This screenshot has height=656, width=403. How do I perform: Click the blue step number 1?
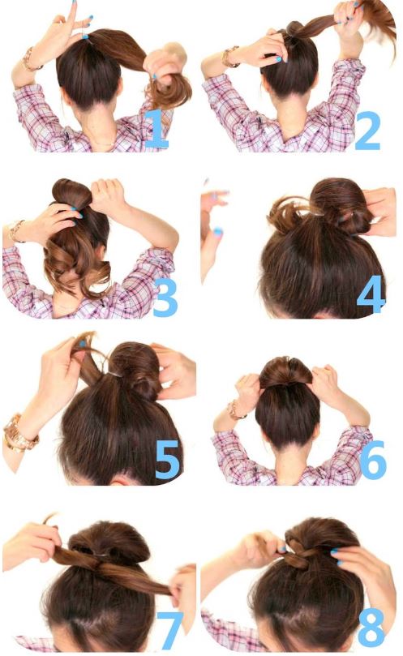coord(158,129)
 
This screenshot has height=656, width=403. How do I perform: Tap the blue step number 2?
coord(368,131)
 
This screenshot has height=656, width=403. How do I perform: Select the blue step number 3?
coord(165,297)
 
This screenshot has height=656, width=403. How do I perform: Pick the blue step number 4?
coord(371,294)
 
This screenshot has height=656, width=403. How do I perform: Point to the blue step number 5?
coord(167,460)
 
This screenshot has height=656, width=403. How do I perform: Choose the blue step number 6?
coord(373,460)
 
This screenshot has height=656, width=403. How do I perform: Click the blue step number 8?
coord(371,627)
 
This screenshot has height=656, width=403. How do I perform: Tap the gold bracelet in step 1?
coord(30,60)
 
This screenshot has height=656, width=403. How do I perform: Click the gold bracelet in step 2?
coord(229,57)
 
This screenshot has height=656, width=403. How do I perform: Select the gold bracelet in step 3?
coord(16,231)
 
